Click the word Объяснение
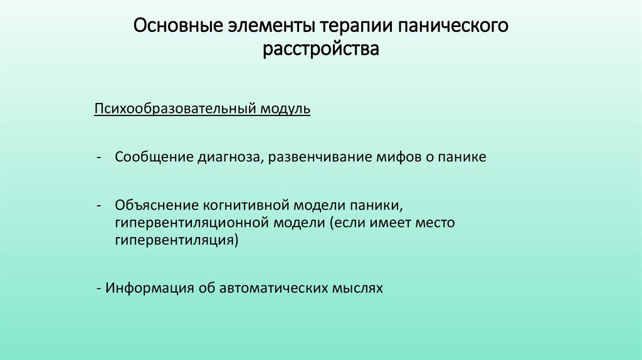(x=156, y=205)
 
